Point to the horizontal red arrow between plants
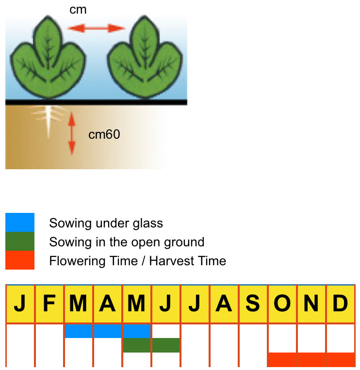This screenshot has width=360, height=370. click(96, 28)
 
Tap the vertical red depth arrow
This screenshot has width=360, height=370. click(72, 133)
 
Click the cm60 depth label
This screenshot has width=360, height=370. click(104, 134)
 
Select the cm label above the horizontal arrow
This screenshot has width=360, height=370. click(78, 10)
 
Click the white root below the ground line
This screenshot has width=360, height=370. click(48, 121)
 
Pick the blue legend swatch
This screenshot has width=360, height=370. click(20, 223)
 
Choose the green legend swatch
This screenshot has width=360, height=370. click(20, 241)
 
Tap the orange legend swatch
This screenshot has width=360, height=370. click(20, 260)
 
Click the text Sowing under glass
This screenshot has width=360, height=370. click(106, 223)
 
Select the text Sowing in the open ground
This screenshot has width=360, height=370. click(127, 242)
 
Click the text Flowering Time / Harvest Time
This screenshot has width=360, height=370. click(137, 261)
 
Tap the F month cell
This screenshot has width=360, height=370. click(49, 304)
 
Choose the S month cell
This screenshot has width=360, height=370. click(253, 304)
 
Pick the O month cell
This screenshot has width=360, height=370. click(282, 304)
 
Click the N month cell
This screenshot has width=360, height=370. click(311, 304)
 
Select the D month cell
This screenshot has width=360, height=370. click(340, 304)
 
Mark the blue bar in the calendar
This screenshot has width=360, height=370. click(107, 331)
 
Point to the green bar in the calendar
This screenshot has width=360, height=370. click(151, 345)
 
